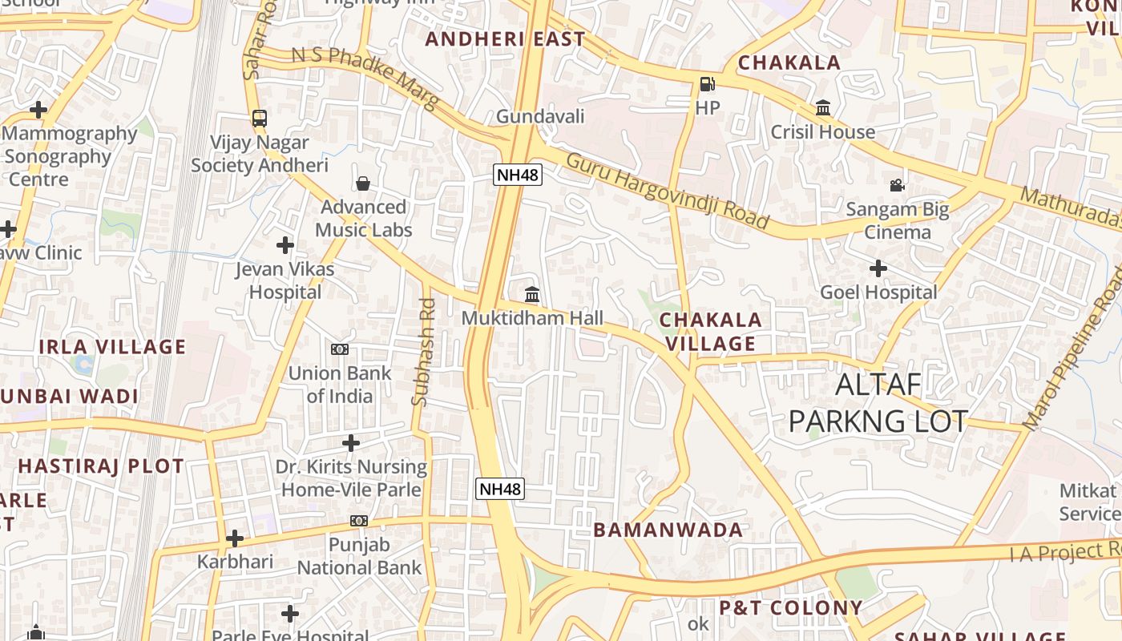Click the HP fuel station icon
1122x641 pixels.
pos(707,83)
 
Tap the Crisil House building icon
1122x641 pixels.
pos(823,107)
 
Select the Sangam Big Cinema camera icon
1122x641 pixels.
pos(898,185)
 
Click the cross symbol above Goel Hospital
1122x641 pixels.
pos(878,268)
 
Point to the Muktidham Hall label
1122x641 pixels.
pos(532,317)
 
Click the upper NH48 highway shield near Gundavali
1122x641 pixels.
pos(518,174)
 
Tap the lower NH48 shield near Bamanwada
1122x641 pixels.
pos(500,489)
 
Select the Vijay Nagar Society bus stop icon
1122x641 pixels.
pos(260,118)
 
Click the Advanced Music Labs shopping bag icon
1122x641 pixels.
pos(363,183)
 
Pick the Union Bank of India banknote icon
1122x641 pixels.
pos(340,349)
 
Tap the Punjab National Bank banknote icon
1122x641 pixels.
pos(359,521)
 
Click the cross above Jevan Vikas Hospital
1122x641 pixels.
pos(285,244)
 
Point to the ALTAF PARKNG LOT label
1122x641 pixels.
pos(878,403)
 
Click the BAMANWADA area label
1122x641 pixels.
pos(668,530)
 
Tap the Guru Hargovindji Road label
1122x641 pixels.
pos(667,190)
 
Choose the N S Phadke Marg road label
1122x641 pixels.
pos(365,77)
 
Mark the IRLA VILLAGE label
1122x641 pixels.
pos(112,347)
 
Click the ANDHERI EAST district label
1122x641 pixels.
pos(506,38)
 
